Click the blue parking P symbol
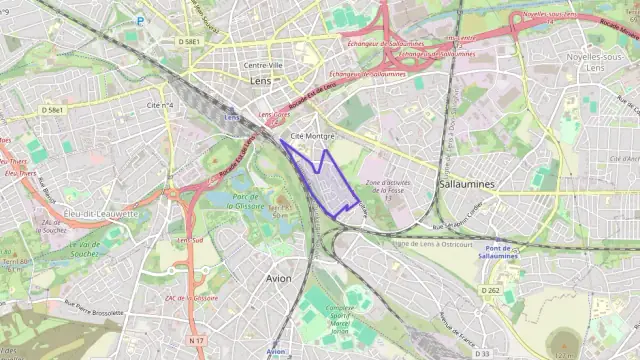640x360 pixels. coord(140,20)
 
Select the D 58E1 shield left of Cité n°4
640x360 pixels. coord(53,108)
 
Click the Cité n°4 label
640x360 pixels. coord(160,104)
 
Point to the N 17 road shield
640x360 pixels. coord(196,341)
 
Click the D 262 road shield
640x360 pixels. coord(489,290)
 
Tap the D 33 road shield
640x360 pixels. coord(482,353)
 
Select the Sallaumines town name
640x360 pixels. coord(468,184)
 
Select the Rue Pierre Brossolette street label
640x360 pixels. coord(93,306)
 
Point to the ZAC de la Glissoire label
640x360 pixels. coord(191,298)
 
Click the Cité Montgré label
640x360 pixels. coord(310,134)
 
